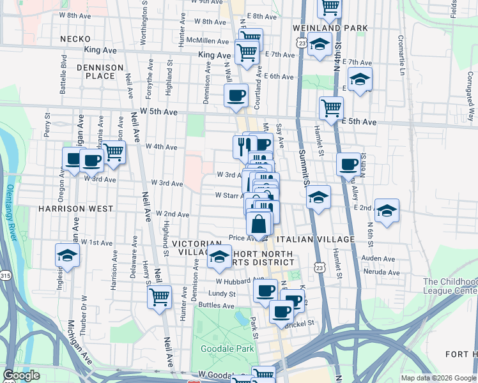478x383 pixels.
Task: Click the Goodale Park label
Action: click(227, 349)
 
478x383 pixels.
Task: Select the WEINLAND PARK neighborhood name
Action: click(330, 28)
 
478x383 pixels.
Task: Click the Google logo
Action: click(21, 375)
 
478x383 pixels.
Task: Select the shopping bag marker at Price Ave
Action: click(259, 225)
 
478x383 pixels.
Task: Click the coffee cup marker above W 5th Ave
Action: click(236, 96)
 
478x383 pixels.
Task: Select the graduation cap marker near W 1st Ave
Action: click(67, 255)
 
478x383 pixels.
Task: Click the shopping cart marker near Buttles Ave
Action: click(159, 296)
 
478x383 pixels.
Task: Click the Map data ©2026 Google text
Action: click(438, 378)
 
